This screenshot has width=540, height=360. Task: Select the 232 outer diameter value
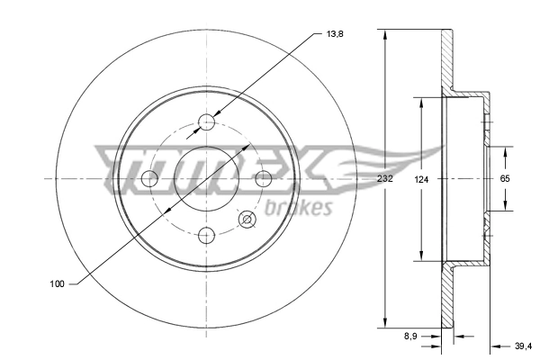pos(386,179)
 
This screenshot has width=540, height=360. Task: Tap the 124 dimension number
pos(421,179)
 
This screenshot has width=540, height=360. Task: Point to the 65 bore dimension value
pos(505,179)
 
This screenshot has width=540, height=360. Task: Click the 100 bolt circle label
pos(57,284)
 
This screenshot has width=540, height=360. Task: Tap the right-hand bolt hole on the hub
pos(264,178)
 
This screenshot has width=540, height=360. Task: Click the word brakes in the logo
pos(300,209)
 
